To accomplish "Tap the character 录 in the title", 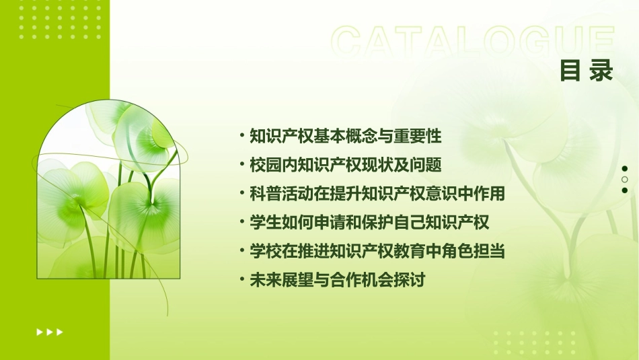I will click(601, 71).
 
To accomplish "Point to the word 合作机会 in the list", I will click(369, 281).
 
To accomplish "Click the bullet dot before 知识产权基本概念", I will click(243, 136).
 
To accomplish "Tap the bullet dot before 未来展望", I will click(243, 281).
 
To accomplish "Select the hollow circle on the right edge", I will click(625, 180).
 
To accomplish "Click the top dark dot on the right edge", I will click(625, 168).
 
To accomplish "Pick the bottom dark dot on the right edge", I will click(625, 190).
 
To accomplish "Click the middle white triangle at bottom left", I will click(50, 332).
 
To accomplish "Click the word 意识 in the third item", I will click(441, 194).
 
